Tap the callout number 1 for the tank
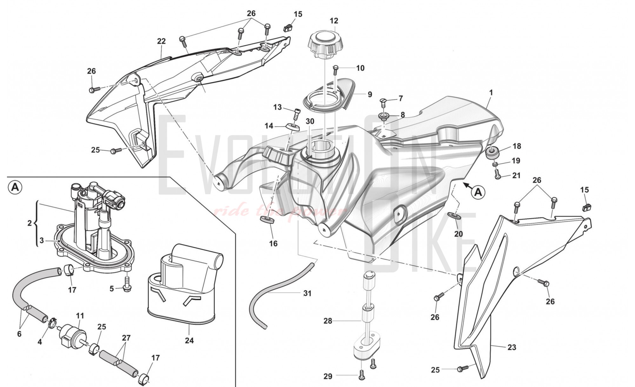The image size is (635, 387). click(491, 93)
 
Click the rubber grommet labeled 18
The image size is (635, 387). click(492, 152)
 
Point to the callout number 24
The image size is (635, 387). click(189, 341)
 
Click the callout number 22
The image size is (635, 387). click(161, 41)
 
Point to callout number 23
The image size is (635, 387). click(511, 347)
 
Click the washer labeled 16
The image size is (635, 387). click(267, 220)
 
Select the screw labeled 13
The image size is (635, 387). click(297, 113)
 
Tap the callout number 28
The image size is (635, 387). click(328, 321)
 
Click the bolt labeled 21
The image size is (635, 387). click(498, 174)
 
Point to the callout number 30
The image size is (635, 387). click(310, 121)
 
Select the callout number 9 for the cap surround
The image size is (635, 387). click(370, 95)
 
